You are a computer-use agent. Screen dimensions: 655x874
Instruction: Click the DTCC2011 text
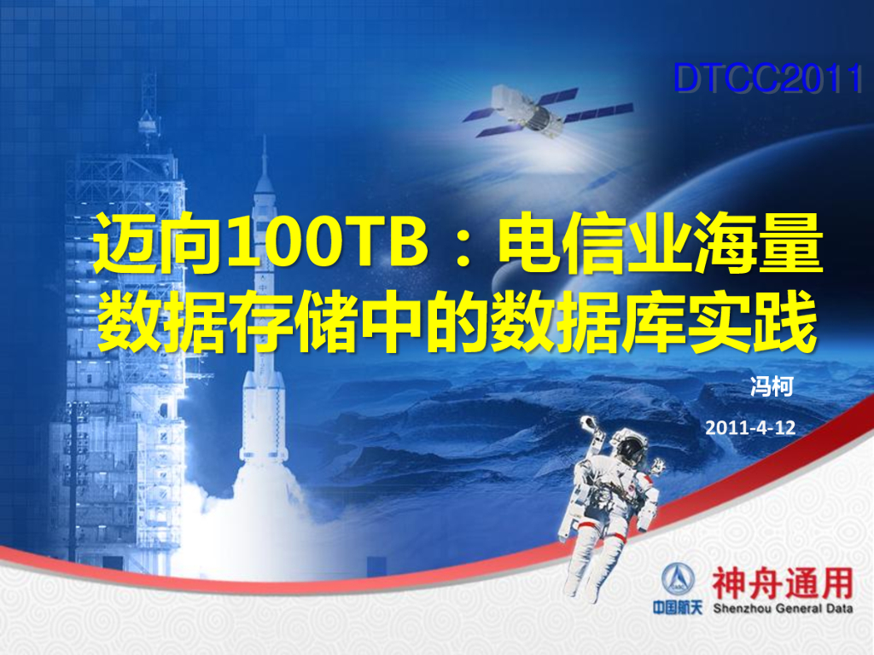click(x=767, y=79)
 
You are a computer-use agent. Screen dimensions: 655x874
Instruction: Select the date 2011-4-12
click(x=750, y=428)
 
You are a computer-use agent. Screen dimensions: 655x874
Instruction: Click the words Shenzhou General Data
click(x=782, y=609)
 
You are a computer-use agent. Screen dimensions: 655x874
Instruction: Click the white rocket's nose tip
click(x=265, y=141)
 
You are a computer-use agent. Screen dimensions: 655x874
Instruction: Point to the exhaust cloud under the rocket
click(x=256, y=529)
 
